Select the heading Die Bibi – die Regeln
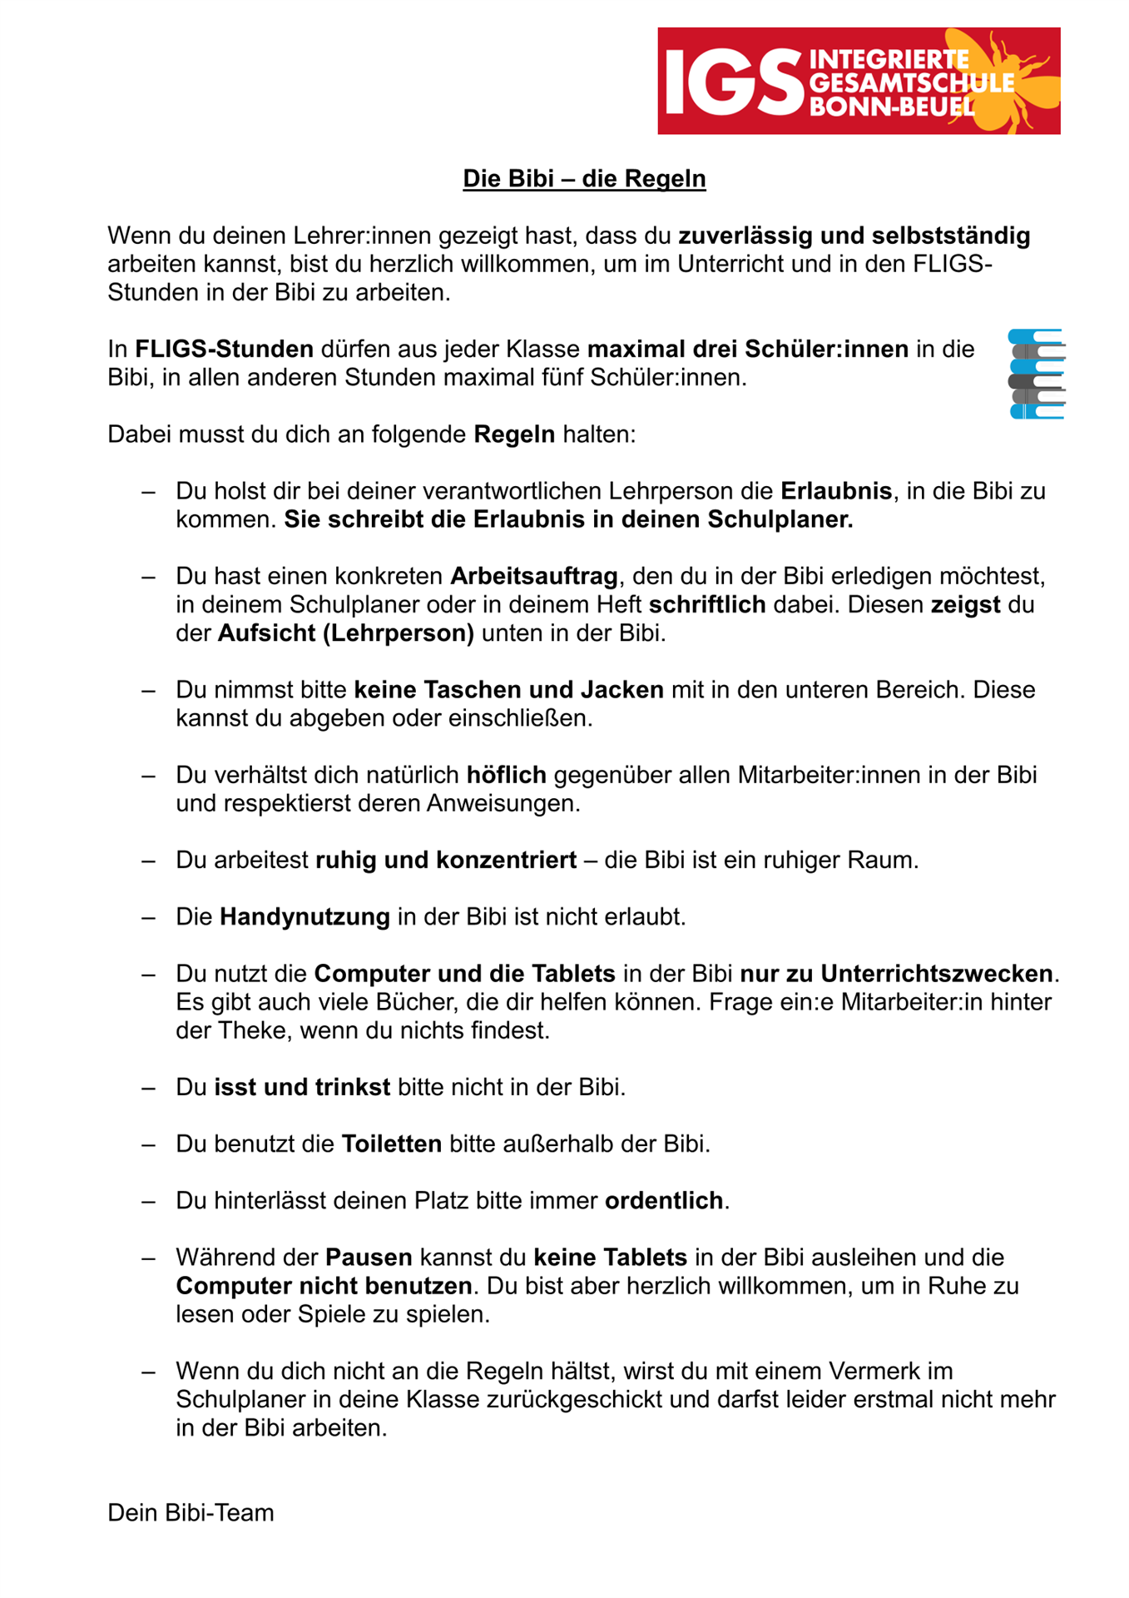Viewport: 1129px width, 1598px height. click(584, 179)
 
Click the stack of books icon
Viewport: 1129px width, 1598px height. click(1036, 374)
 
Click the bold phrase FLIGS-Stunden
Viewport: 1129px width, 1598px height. click(225, 349)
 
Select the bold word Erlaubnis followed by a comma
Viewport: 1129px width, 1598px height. click(835, 491)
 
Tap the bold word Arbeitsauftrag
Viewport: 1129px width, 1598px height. click(534, 576)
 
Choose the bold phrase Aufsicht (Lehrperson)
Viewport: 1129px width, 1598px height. click(346, 633)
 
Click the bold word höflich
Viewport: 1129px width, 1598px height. click(506, 775)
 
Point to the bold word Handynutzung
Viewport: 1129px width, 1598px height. click(305, 917)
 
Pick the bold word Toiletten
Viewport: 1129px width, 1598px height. click(392, 1144)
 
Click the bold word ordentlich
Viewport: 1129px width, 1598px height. click(664, 1201)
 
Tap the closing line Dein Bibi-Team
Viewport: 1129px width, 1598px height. click(191, 1512)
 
